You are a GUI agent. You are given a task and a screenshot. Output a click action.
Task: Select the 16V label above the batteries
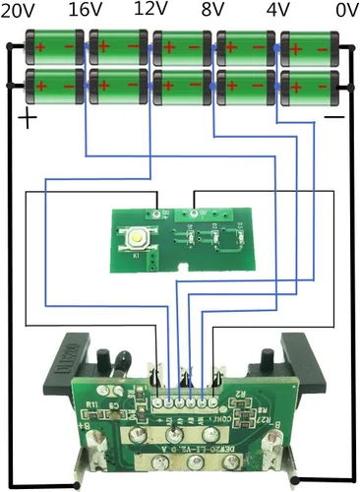point(87,11)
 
